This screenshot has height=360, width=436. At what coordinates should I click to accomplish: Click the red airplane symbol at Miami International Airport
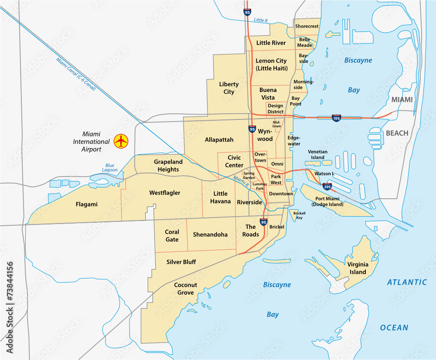pyautogui.click(x=121, y=141)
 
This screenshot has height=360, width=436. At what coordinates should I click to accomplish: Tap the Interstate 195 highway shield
pyautogui.click(x=336, y=118)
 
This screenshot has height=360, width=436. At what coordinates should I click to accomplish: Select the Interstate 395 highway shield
pyautogui.click(x=327, y=187)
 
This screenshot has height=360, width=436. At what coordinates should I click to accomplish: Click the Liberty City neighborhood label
pyautogui.click(x=229, y=88)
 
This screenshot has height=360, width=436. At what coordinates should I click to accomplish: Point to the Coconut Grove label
pyautogui.click(x=186, y=289)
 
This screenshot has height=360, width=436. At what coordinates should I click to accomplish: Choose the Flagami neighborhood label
pyautogui.click(x=86, y=204)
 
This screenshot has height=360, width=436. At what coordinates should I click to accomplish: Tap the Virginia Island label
pyautogui.click(x=358, y=268)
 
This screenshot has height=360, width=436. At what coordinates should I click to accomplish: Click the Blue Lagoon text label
pyautogui.click(x=110, y=167)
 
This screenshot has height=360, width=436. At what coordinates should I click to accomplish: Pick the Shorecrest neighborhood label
pyautogui.click(x=307, y=26)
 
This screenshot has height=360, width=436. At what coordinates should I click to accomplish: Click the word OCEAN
pyautogui.click(x=394, y=328)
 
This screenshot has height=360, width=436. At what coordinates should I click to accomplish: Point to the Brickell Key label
pyautogui.click(x=299, y=215)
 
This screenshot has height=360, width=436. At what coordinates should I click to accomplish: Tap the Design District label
pyautogui.click(x=275, y=109)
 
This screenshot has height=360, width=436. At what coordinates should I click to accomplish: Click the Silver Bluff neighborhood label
pyautogui.click(x=181, y=262)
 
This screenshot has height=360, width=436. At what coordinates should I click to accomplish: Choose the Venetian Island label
pyautogui.click(x=317, y=155)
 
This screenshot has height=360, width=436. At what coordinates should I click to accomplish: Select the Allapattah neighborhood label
pyautogui.click(x=219, y=140)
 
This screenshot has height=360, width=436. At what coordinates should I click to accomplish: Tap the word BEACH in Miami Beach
pyautogui.click(x=397, y=133)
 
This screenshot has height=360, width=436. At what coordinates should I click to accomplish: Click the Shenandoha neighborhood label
pyautogui.click(x=210, y=234)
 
